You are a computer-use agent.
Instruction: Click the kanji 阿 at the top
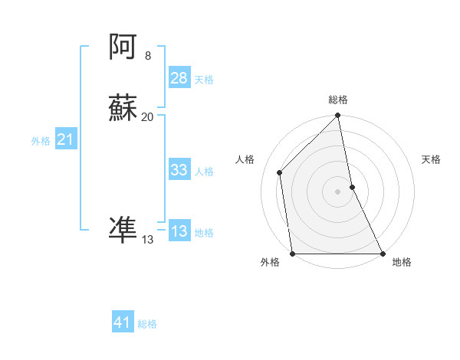[123, 48]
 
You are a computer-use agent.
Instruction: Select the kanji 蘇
[123, 109]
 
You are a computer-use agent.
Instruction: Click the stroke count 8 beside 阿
[148, 56]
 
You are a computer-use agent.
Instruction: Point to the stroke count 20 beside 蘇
[148, 117]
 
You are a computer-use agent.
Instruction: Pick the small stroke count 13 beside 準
[148, 240]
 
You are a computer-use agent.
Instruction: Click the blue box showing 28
[179, 78]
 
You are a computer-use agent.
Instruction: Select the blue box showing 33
[179, 170]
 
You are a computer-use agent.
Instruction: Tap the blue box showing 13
[179, 232]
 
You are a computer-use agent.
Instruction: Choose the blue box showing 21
[65, 139]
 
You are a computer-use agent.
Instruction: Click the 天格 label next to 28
[204, 79]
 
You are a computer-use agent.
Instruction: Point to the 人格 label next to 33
[204, 171]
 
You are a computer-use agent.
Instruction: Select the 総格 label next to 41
[147, 324]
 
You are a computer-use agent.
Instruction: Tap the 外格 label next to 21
[41, 140]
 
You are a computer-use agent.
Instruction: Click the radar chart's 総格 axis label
[338, 100]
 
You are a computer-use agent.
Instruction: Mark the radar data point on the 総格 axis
[338, 116]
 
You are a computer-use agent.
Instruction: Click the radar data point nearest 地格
[382, 254]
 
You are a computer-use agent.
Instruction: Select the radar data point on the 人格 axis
[279, 172]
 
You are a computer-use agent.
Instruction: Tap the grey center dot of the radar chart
[338, 191]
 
